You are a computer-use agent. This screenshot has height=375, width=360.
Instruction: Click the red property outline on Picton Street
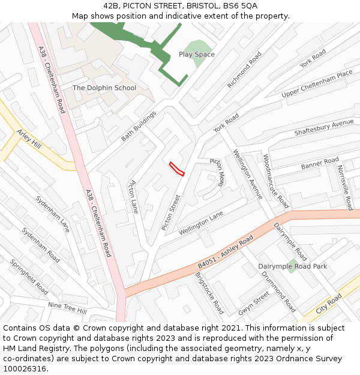(176, 169)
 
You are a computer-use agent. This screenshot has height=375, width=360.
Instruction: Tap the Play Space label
(196, 54)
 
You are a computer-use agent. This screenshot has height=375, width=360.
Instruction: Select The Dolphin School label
(104, 88)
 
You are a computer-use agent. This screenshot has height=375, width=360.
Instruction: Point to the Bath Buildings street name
(139, 126)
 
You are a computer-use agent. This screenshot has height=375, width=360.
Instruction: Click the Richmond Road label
(245, 70)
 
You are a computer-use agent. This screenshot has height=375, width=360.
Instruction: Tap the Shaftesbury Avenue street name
(323, 127)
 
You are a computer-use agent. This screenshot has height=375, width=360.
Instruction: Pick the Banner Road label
(320, 163)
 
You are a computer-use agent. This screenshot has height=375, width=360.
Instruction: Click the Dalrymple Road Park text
(292, 266)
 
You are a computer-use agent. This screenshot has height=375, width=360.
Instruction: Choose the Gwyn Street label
(254, 303)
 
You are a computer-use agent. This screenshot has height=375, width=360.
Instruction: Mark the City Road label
(329, 304)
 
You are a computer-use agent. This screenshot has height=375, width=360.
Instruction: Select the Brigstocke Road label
(209, 293)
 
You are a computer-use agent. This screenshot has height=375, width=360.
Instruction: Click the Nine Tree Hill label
(67, 308)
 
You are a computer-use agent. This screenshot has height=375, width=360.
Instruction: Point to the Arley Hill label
(29, 140)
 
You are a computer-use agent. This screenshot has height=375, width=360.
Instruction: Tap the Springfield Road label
(29, 276)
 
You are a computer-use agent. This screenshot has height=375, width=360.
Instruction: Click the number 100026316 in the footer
(26, 368)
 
